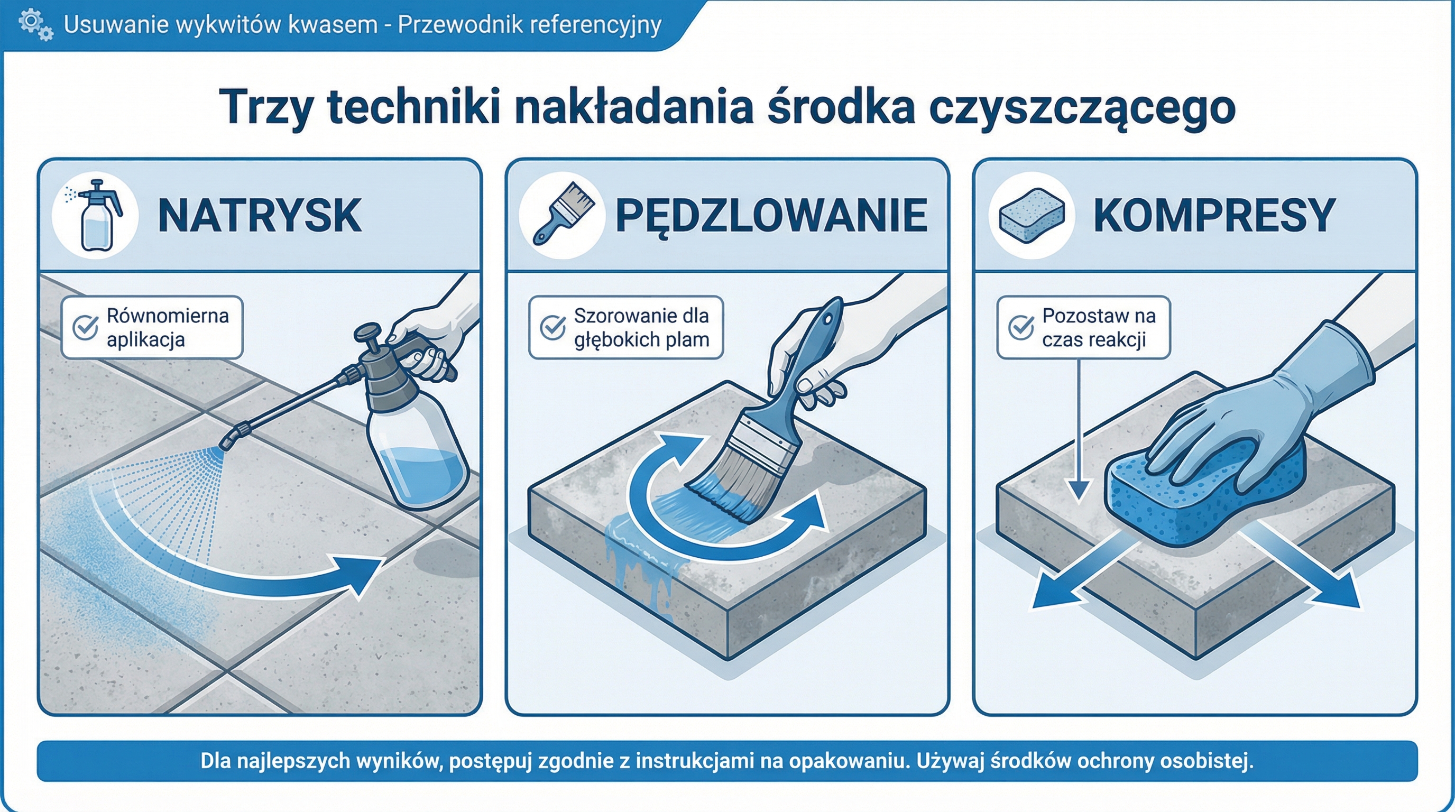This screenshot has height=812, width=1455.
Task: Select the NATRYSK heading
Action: tap(259, 216)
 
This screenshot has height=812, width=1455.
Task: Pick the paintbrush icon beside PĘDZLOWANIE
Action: tap(563, 215)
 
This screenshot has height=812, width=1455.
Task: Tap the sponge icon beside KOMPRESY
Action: tap(1032, 216)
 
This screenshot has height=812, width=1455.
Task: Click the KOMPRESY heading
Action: tap(1214, 216)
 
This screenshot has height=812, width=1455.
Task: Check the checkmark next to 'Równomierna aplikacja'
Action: tap(85, 327)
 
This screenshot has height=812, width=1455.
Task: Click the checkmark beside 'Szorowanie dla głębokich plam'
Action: tap(552, 327)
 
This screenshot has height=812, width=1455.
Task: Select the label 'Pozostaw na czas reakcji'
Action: tap(1098, 328)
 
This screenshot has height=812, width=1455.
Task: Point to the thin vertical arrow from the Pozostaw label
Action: tap(1078, 429)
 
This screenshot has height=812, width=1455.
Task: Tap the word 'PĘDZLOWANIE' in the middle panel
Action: tap(771, 216)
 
